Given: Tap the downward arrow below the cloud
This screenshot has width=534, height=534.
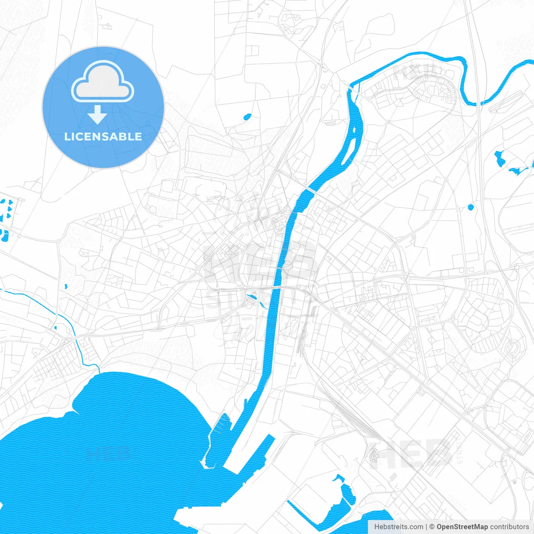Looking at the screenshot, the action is click(98, 115).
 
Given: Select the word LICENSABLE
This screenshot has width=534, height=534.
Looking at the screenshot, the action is click(103, 136).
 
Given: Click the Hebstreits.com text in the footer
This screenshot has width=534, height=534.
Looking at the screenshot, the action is click(398, 527).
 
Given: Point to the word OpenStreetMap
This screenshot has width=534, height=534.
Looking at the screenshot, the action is click(462, 527).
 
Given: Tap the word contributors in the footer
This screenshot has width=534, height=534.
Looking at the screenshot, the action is click(509, 527).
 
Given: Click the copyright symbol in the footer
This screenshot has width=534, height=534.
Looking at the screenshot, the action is click(432, 527).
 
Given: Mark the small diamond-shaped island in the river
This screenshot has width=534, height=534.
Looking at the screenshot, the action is click(354, 130).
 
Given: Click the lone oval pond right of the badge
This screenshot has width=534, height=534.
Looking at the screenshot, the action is click(247, 117).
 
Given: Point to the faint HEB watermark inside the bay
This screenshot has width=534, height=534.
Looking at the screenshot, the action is click(108, 453).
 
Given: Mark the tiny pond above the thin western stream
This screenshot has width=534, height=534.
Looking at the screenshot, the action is click(66, 287).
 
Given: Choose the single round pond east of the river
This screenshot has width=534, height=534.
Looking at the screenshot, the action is click(471, 207).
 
